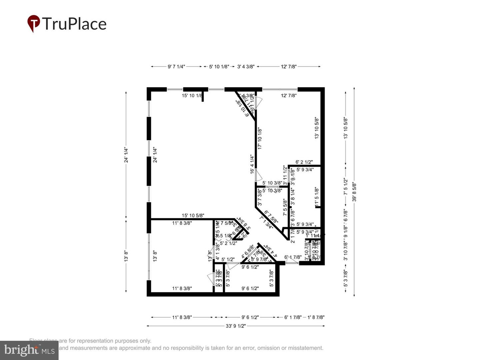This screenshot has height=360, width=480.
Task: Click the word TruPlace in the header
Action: click(x=74, y=24)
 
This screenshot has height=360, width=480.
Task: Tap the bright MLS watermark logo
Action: click(x=29, y=350)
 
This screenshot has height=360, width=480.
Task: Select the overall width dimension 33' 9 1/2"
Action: click(x=236, y=326)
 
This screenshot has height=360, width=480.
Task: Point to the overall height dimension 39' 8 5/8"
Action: click(x=354, y=192)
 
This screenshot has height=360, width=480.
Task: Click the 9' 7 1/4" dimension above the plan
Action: click(x=176, y=67)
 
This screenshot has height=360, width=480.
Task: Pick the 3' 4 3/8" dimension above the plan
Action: click(x=246, y=67)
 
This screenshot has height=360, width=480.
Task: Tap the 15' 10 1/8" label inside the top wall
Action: click(x=192, y=96)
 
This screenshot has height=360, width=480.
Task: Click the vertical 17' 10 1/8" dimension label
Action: click(x=260, y=138)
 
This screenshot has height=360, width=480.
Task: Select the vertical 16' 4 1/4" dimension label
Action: click(x=252, y=164)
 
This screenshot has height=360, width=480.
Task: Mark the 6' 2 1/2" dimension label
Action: click(x=304, y=162)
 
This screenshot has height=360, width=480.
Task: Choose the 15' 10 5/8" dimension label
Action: click(x=193, y=216)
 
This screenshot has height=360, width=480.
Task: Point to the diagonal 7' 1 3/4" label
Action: click(x=266, y=223)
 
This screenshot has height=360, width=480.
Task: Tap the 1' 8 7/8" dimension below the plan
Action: click(x=316, y=317)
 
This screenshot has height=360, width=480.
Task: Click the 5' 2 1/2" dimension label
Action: click(x=228, y=243)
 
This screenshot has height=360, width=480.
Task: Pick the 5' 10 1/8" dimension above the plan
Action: click(x=219, y=67)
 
